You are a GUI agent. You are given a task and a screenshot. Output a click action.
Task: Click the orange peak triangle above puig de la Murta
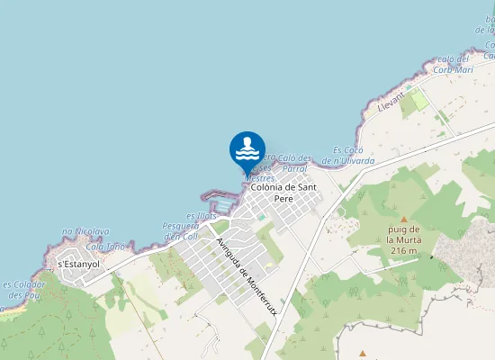click(x=403, y=220)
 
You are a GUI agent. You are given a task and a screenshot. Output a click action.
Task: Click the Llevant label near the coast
click(x=391, y=102)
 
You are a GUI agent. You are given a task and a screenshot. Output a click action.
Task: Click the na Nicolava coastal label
click(x=85, y=232)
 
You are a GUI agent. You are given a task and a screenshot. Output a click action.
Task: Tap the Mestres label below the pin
click(x=260, y=178)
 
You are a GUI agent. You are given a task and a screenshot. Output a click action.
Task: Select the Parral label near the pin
click(x=294, y=168)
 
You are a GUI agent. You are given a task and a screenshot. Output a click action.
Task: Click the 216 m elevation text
click(x=400, y=251)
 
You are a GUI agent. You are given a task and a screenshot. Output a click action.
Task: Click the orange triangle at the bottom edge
click(x=363, y=354)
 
